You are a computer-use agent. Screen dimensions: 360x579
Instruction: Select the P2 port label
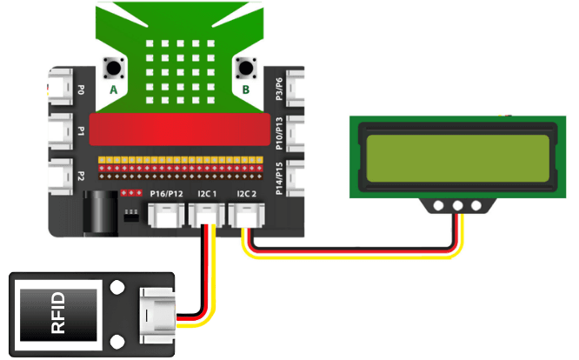click(x=81, y=176)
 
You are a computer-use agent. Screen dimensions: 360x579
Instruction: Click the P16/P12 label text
click(x=165, y=193)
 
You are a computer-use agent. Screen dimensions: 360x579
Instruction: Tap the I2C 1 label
click(x=206, y=193)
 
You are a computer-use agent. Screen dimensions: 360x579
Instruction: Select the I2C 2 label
click(x=247, y=193)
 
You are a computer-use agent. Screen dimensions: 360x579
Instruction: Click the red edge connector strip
click(x=183, y=132)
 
